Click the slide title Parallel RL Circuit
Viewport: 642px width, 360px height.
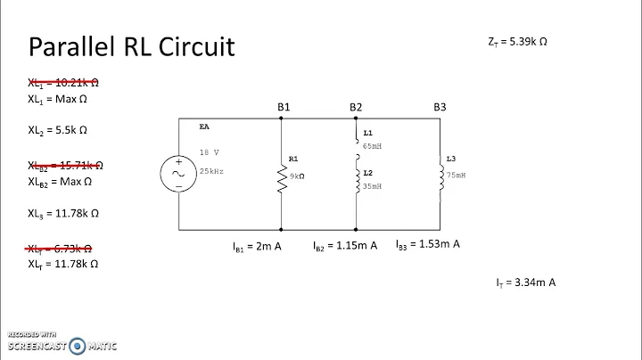pyautogui.click(x=132, y=46)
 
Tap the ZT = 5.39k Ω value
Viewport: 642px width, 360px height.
pyautogui.click(x=514, y=41)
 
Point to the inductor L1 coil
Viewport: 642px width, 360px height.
pyautogui.click(x=356, y=143)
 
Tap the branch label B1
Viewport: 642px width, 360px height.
pyautogui.click(x=284, y=107)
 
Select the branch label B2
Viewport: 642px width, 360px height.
pyautogui.click(x=356, y=107)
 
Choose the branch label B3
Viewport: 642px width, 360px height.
pyautogui.click(x=440, y=107)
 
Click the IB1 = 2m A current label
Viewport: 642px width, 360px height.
pyautogui.click(x=257, y=245)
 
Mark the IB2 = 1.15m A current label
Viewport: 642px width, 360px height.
pyautogui.click(x=344, y=245)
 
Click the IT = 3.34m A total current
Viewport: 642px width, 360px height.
pyautogui.click(x=526, y=282)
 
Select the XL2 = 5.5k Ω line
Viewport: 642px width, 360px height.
pyautogui.click(x=57, y=129)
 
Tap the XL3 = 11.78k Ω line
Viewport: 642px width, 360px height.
pyautogui.click(x=62, y=214)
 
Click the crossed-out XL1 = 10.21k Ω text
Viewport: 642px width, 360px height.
pyautogui.click(x=62, y=82)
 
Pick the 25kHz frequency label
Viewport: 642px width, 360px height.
pyautogui.click(x=212, y=170)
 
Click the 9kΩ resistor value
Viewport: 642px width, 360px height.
pyautogui.click(x=295, y=176)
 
